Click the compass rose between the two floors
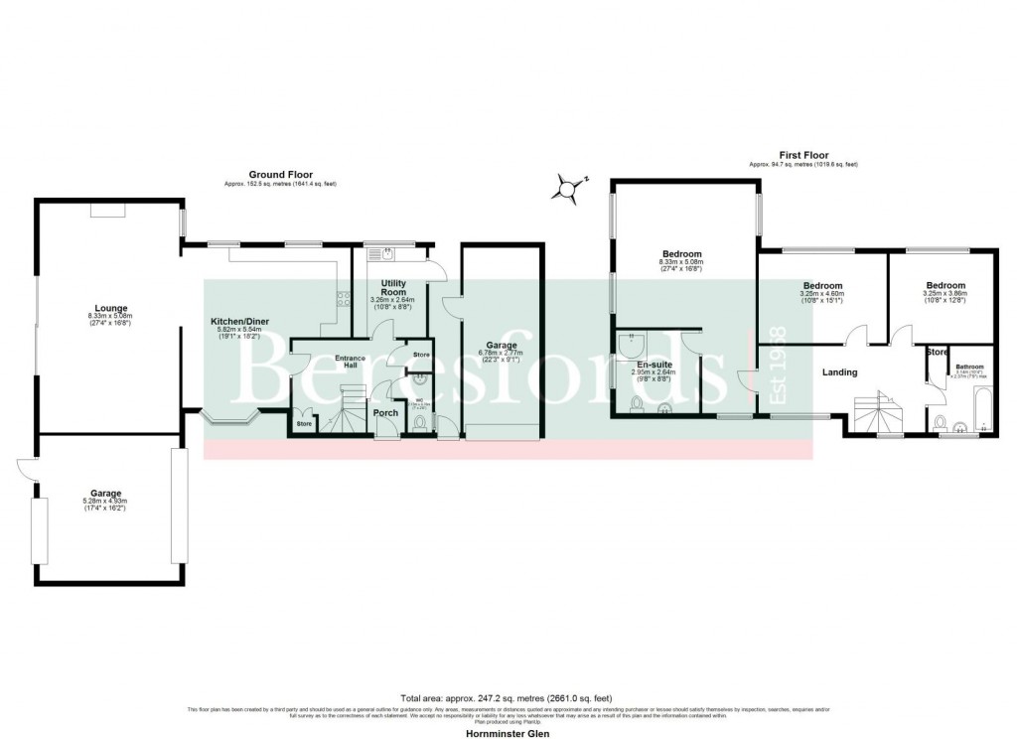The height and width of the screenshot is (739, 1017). [567, 188]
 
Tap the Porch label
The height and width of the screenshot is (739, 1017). [384, 413]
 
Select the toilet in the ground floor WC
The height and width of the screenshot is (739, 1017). [421, 424]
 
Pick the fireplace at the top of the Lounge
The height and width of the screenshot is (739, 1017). [108, 210]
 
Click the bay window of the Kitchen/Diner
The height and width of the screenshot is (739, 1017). [230, 419]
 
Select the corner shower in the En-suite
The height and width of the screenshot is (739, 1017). [631, 345]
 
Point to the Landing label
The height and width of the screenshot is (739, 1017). [839, 372]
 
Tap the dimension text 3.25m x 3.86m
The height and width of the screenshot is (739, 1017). [944, 294]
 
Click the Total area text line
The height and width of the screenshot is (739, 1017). [508, 699]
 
